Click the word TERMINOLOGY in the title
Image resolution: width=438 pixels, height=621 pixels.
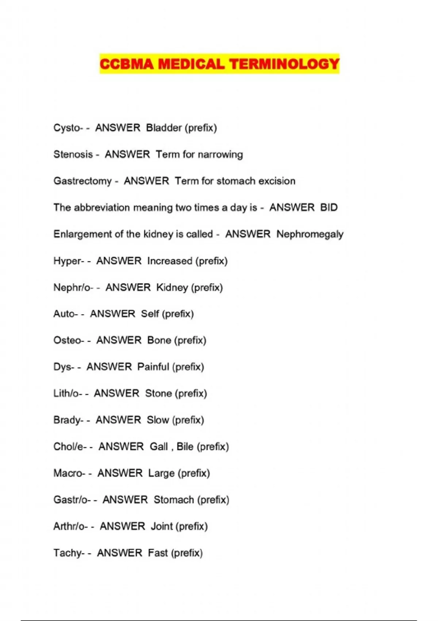pos(284,64)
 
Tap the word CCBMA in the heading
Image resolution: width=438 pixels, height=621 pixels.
pos(127,64)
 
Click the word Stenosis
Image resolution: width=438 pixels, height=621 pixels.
pos(73,155)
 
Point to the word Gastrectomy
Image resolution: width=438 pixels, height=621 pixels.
pos(82,181)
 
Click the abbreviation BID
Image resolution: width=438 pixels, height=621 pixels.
pos(329,207)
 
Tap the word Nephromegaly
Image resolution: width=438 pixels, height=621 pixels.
pos(310,234)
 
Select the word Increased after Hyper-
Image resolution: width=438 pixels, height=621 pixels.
pos(170,261)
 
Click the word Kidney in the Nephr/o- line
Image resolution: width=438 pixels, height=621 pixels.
pos(172,287)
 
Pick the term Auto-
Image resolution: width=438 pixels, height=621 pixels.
pos(66,314)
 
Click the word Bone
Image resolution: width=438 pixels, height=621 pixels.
pos(159,340)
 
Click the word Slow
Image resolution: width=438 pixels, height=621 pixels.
pos(158,420)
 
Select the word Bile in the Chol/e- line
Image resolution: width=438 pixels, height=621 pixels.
pos(185,446)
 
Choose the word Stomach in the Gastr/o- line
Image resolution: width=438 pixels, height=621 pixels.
pos(174,500)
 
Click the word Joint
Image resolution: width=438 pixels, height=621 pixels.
pos(162,526)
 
